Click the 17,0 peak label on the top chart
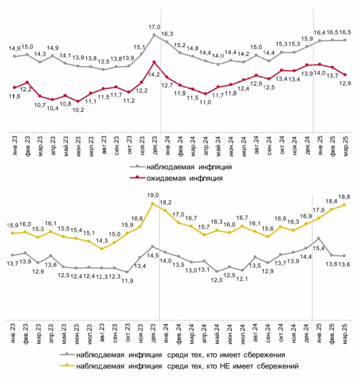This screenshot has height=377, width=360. coord(154,28)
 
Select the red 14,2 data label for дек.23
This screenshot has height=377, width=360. coord(154,74)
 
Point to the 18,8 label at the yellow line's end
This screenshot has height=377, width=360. coord(344,196)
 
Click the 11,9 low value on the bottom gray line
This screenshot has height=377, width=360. coord(127,281)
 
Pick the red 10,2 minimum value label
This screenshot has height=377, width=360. coord(78,110)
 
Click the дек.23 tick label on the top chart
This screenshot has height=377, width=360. coord(154,143)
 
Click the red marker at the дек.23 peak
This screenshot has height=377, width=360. coord(154,62)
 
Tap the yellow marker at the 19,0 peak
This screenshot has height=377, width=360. coord(153,203)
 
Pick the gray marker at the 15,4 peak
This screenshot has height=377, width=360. coord(318,238)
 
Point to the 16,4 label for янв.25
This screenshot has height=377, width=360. coord(320,33)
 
